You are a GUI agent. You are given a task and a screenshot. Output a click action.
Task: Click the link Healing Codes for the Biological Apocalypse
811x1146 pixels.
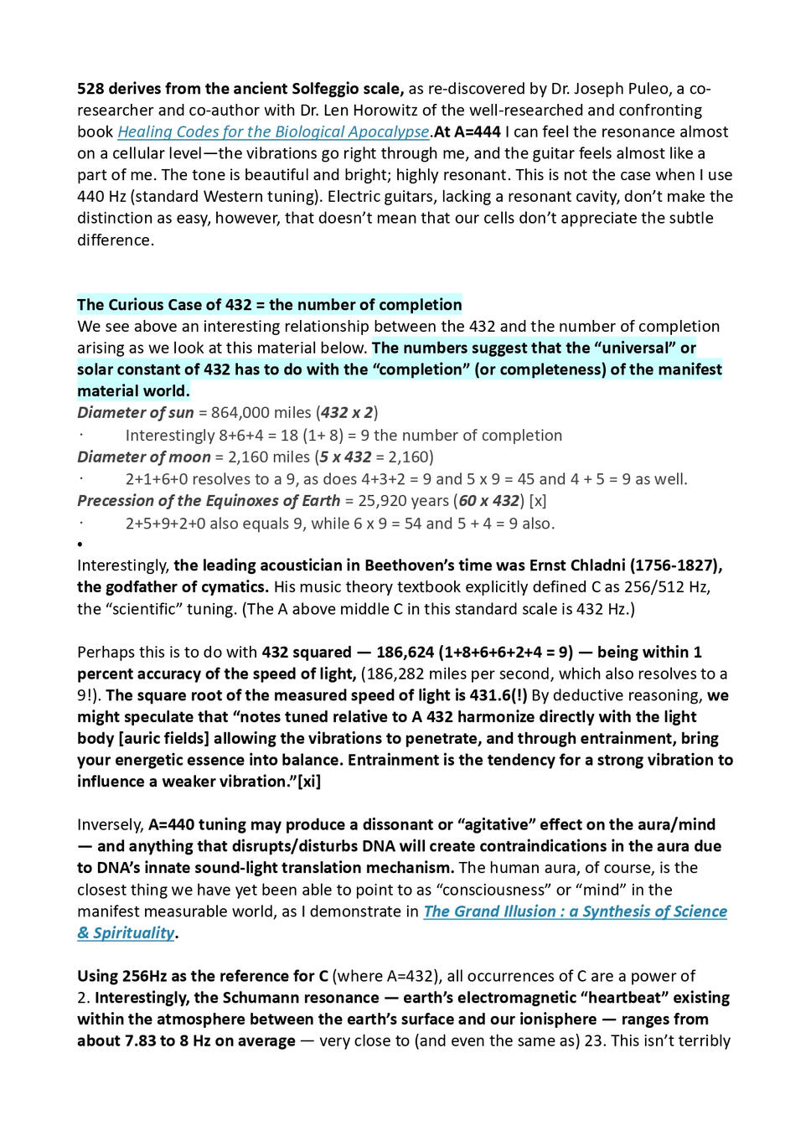click(273, 132)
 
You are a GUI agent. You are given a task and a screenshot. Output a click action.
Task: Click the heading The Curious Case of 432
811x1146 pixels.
click(269, 305)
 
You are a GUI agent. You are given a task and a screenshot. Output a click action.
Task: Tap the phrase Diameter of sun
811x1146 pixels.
click(135, 412)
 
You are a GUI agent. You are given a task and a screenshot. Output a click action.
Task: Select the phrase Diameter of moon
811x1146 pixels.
click(143, 457)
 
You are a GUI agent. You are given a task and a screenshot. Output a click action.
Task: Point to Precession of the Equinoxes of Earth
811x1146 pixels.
click(209, 501)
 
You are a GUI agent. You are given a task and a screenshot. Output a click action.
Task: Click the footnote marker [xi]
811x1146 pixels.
click(309, 782)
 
